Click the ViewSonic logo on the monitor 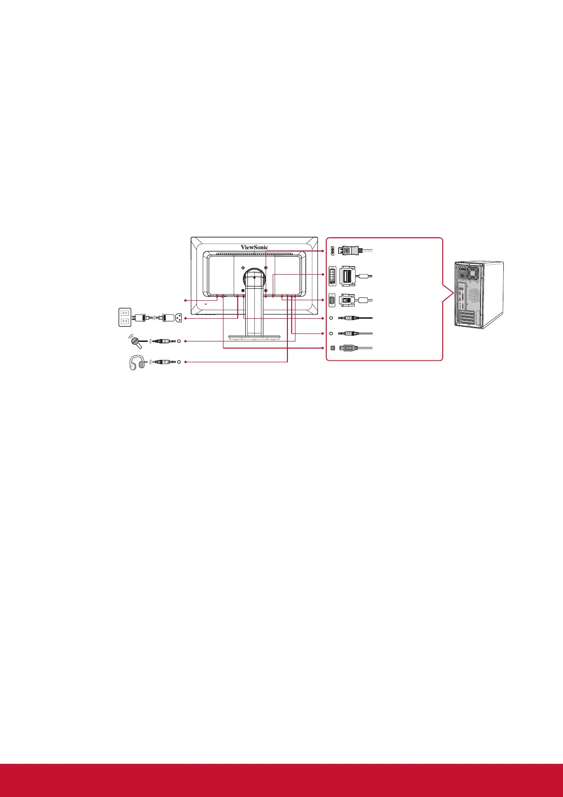254,247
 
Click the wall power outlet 125,317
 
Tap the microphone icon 134,340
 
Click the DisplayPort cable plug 349,250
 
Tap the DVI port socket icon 332,276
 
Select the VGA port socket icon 331,299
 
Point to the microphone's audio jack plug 164,340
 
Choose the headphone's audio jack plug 164,362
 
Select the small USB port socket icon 331,349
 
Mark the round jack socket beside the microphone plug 179,340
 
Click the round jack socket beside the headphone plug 179,362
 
